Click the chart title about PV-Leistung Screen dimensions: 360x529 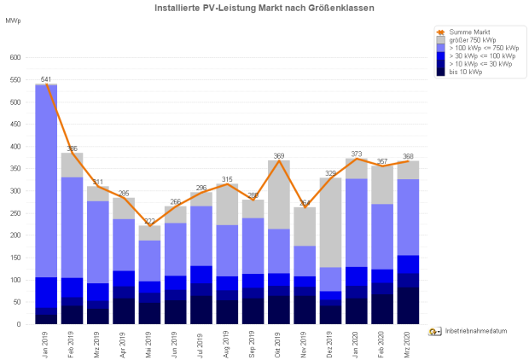point(264,8)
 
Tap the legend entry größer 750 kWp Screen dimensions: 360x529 point(470,39)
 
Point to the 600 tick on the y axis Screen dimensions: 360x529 point(15,58)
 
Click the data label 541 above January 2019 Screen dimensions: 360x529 point(46,79)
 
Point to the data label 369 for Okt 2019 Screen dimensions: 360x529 point(279,155)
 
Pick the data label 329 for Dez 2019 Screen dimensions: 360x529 point(331,173)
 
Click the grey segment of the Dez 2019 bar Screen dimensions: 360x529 point(331,222)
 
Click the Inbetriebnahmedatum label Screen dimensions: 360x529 point(476,330)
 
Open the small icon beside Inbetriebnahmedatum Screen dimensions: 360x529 point(434,330)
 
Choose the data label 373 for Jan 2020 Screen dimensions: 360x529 point(357,154)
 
